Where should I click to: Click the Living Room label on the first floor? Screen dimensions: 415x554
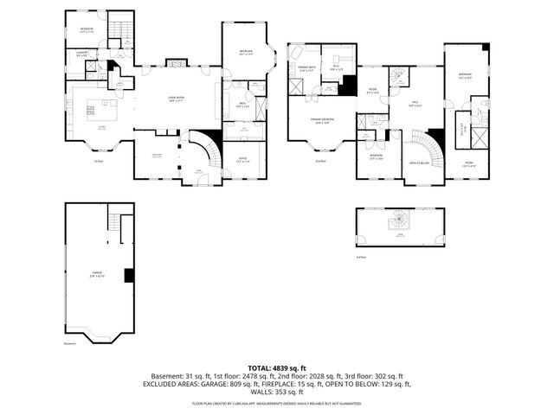pyautogui.click(x=179, y=99)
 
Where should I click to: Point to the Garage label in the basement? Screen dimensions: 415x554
pyautogui.click(x=98, y=273)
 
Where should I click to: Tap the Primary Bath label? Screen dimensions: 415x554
pyautogui.click(x=306, y=68)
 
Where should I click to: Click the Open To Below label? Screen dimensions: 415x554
pyautogui.click(x=420, y=163)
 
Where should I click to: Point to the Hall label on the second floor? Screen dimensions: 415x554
pyautogui.click(x=415, y=103)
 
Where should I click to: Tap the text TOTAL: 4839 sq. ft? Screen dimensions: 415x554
pyautogui.click(x=277, y=367)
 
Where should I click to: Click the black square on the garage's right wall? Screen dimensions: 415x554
pyautogui.click(x=129, y=276)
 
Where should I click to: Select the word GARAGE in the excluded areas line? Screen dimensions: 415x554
pyautogui.click(x=231, y=383)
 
